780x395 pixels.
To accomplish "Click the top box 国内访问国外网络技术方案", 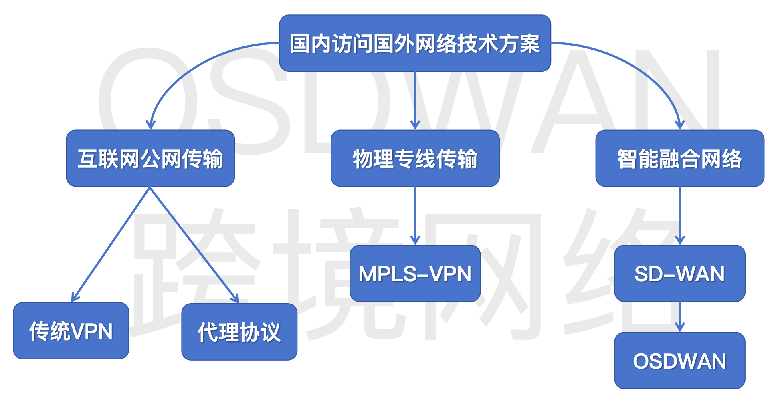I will click(x=415, y=43).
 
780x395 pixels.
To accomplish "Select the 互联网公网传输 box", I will click(x=150, y=158).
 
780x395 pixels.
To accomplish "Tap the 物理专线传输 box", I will click(x=415, y=158).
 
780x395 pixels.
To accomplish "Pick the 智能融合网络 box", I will click(x=680, y=158).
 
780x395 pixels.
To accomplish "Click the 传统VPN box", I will click(x=71, y=331).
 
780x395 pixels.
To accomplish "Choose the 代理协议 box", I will click(x=239, y=332).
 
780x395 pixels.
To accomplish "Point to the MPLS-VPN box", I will click(x=415, y=274).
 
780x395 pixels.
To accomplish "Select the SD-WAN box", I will click(x=680, y=274).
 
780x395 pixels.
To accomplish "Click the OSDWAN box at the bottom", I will click(x=680, y=361).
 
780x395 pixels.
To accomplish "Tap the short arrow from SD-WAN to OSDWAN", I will click(x=680, y=316).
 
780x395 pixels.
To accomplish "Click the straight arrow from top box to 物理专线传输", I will click(x=415, y=100).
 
